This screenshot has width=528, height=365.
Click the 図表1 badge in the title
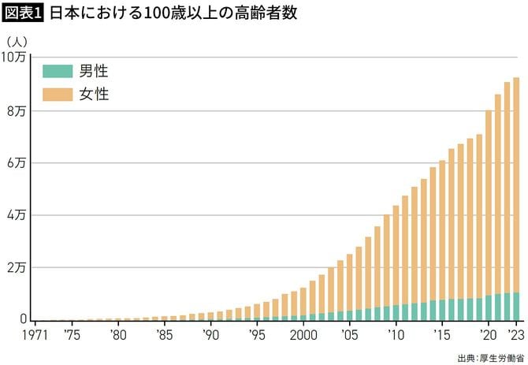(x=24, y=15)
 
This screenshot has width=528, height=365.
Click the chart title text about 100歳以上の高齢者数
(x=173, y=15)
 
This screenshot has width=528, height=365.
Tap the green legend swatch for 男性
(x=58, y=71)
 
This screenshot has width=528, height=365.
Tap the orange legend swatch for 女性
(x=58, y=95)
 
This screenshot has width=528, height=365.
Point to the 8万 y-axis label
(x=17, y=110)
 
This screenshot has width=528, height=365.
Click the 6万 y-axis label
(x=17, y=163)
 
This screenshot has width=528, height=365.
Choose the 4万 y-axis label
(x=17, y=215)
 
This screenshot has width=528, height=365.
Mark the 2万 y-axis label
(x=17, y=268)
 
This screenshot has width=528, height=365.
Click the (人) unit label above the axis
(x=17, y=40)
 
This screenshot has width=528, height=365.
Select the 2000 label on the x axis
(x=303, y=334)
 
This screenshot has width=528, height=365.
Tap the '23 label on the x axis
(x=516, y=334)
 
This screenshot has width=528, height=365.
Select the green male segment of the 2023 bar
(x=516, y=307)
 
